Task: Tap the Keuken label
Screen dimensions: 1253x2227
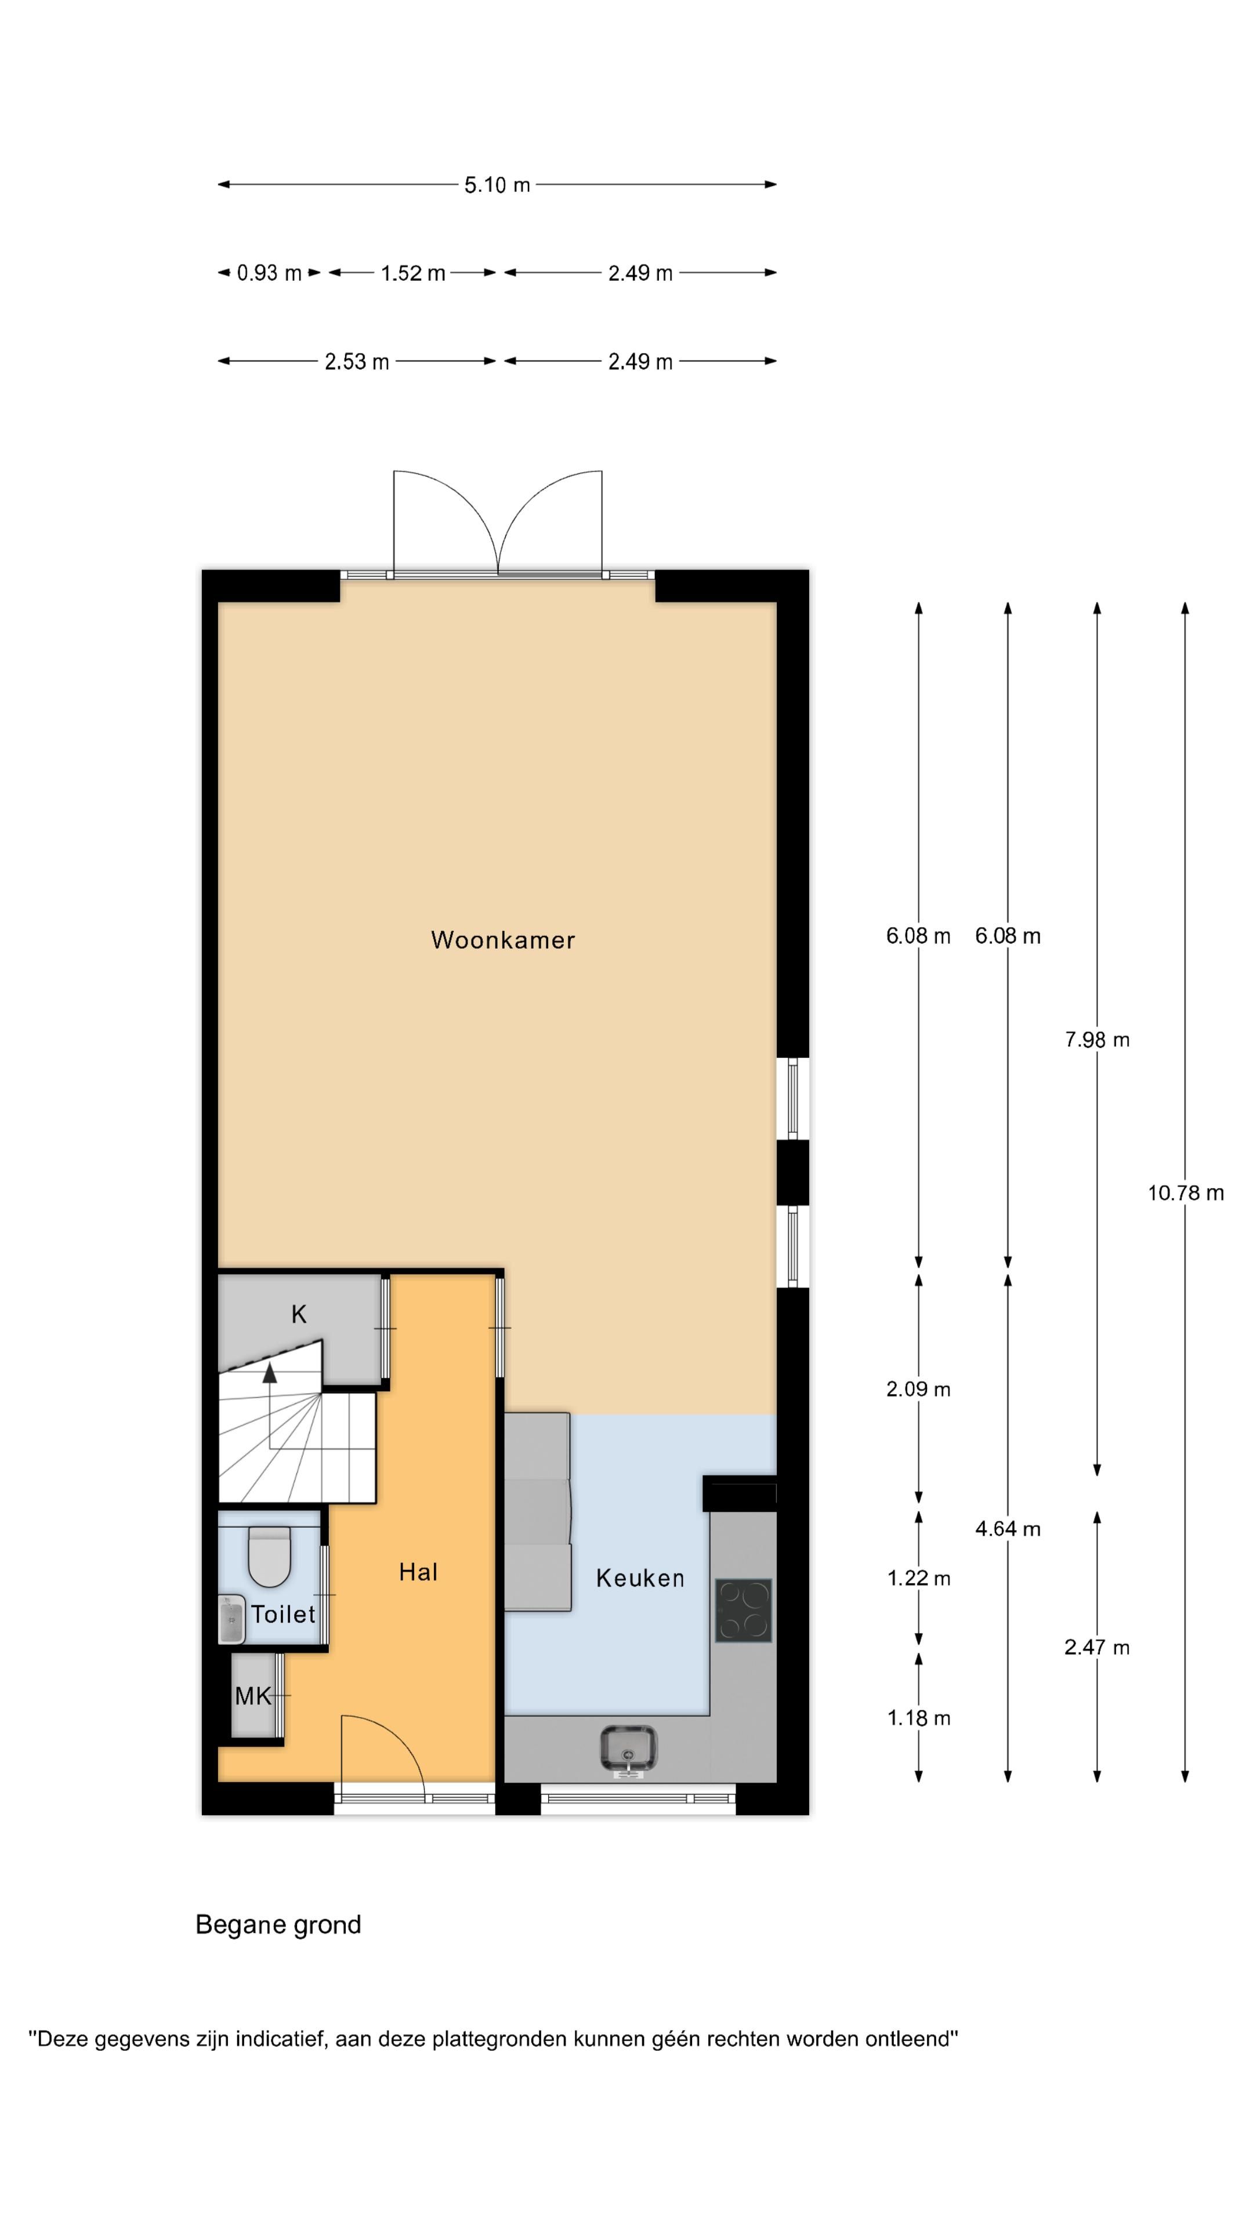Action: (x=640, y=1579)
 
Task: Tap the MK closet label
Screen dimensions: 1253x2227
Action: (x=254, y=1696)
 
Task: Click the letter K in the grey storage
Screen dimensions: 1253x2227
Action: (x=298, y=1314)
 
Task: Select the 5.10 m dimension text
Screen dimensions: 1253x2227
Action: (x=497, y=185)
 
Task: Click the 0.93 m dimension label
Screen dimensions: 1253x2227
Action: (x=269, y=273)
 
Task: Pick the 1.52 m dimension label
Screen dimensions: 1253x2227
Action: (x=414, y=273)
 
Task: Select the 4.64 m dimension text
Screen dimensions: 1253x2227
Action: (x=1008, y=1529)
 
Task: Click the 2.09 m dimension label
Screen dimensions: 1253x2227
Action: (x=918, y=1390)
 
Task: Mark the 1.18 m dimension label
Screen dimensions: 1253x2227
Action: (x=918, y=1718)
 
